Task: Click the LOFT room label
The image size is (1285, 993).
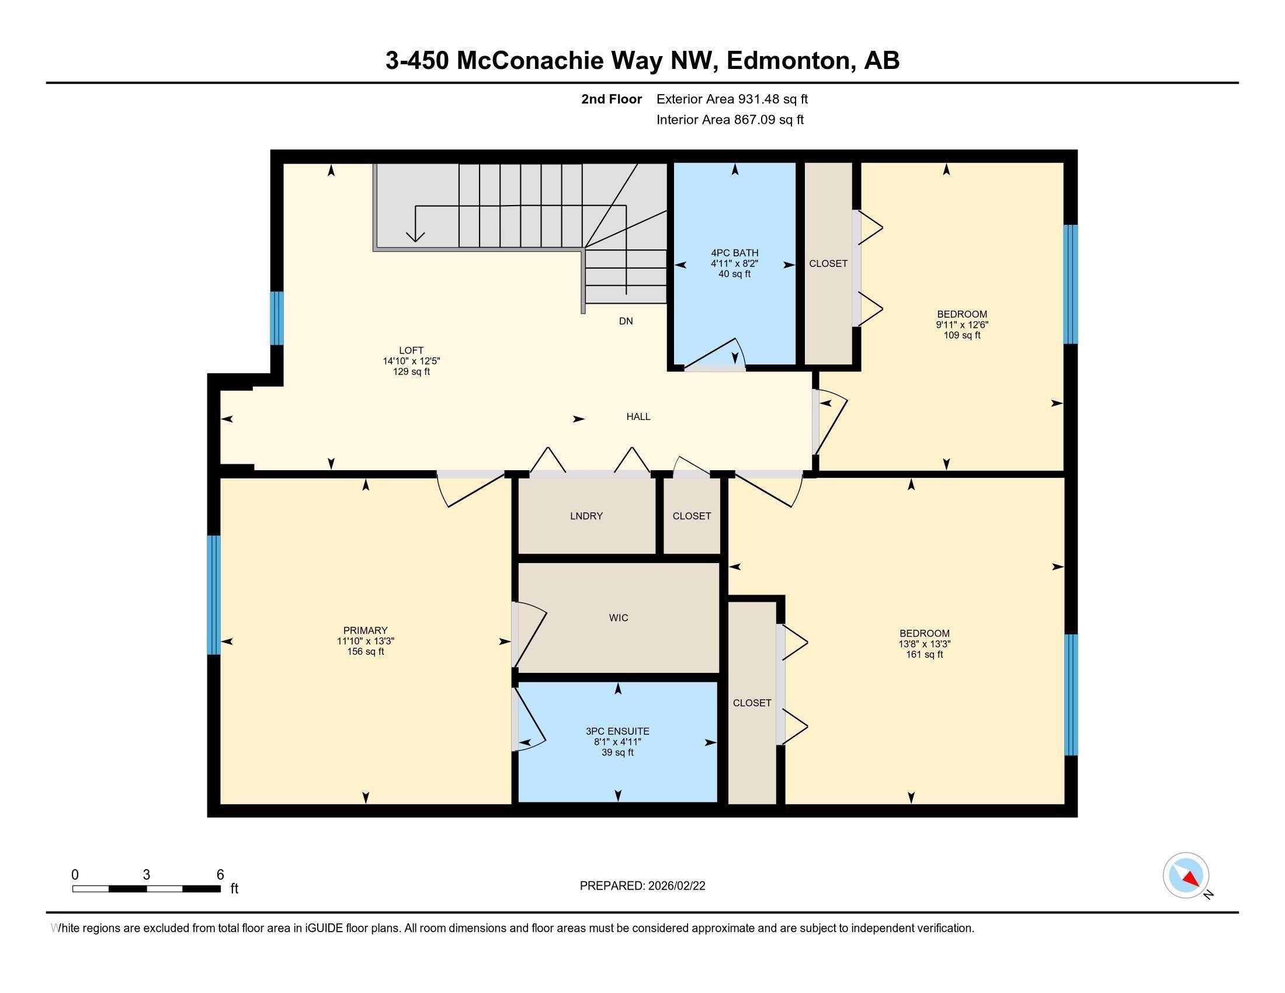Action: pyautogui.click(x=411, y=350)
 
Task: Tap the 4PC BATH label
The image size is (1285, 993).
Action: pyautogui.click(x=734, y=253)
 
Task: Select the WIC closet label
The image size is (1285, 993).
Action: pyautogui.click(x=619, y=617)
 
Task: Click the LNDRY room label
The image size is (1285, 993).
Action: pyautogui.click(x=586, y=516)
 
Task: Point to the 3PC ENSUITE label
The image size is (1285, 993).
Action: pyautogui.click(x=617, y=731)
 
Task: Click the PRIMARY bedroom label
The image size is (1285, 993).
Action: pyautogui.click(x=366, y=631)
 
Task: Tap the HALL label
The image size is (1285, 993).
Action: pyautogui.click(x=638, y=417)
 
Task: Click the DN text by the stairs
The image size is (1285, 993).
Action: pyautogui.click(x=626, y=321)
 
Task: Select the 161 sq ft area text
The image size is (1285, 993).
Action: pyautogui.click(x=925, y=655)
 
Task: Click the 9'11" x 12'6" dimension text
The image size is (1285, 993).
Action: pyautogui.click(x=962, y=325)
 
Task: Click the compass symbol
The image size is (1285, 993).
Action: pyautogui.click(x=1186, y=876)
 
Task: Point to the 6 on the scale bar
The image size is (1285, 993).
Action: pyautogui.click(x=220, y=875)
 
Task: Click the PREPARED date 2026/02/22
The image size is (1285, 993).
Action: pyautogui.click(x=675, y=886)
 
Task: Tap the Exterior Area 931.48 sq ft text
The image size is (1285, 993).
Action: pyautogui.click(x=732, y=99)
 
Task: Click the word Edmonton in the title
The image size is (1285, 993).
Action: pyautogui.click(x=790, y=61)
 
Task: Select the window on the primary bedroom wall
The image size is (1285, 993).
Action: pyautogui.click(x=214, y=595)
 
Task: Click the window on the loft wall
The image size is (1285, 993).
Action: pyautogui.click(x=276, y=318)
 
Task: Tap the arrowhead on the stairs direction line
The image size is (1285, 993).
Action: pyautogui.click(x=415, y=237)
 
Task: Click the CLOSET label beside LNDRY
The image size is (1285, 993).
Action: pyautogui.click(x=692, y=516)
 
